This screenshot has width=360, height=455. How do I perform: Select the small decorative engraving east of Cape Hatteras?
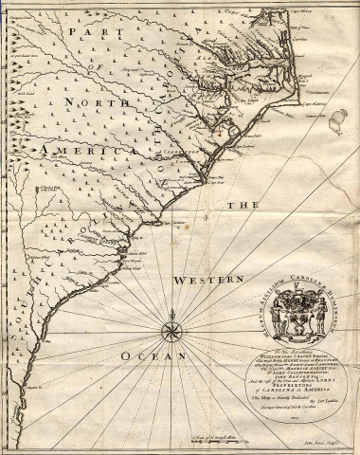coord(335,123)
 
